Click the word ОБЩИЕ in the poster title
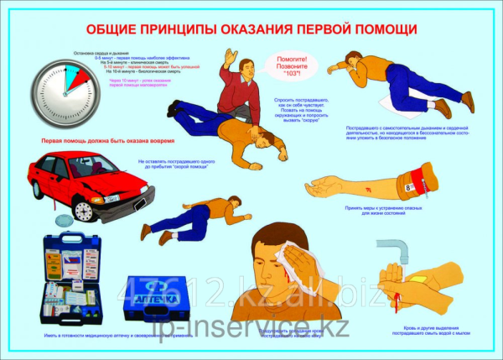(x=117, y=29)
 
